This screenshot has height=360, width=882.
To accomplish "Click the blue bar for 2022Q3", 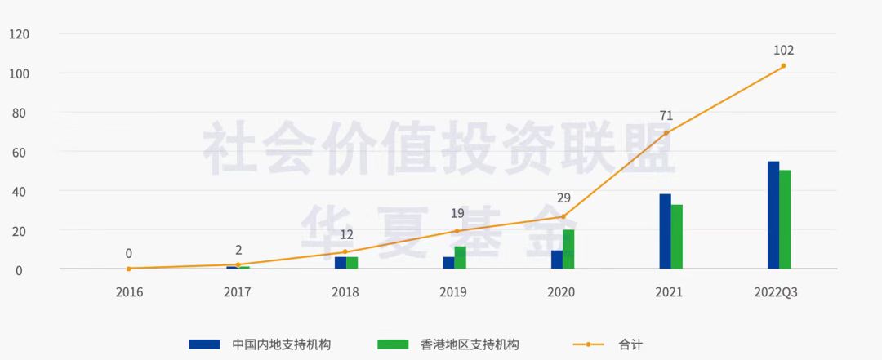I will (x=773, y=215).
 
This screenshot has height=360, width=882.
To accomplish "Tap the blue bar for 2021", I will (x=665, y=231).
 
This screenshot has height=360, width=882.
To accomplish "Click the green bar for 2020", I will (x=568, y=249).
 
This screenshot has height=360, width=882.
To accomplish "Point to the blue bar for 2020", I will (x=557, y=259).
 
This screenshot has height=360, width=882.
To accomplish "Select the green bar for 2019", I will (x=461, y=257).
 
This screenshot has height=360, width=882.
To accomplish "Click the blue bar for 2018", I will (x=341, y=262).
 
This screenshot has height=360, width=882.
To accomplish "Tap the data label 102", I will (x=783, y=51).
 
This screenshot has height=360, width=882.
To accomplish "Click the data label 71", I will (x=666, y=116).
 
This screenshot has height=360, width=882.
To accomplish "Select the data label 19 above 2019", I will (x=457, y=214).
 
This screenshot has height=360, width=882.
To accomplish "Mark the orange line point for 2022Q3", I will (x=783, y=66).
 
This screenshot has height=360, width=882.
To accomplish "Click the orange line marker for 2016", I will (x=129, y=268).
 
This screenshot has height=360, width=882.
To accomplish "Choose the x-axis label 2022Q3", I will (x=776, y=291).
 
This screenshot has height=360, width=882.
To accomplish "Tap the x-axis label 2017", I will (x=238, y=291).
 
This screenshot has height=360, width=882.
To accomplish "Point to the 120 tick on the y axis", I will (x=18, y=34).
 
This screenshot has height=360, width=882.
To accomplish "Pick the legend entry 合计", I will (x=630, y=344).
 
